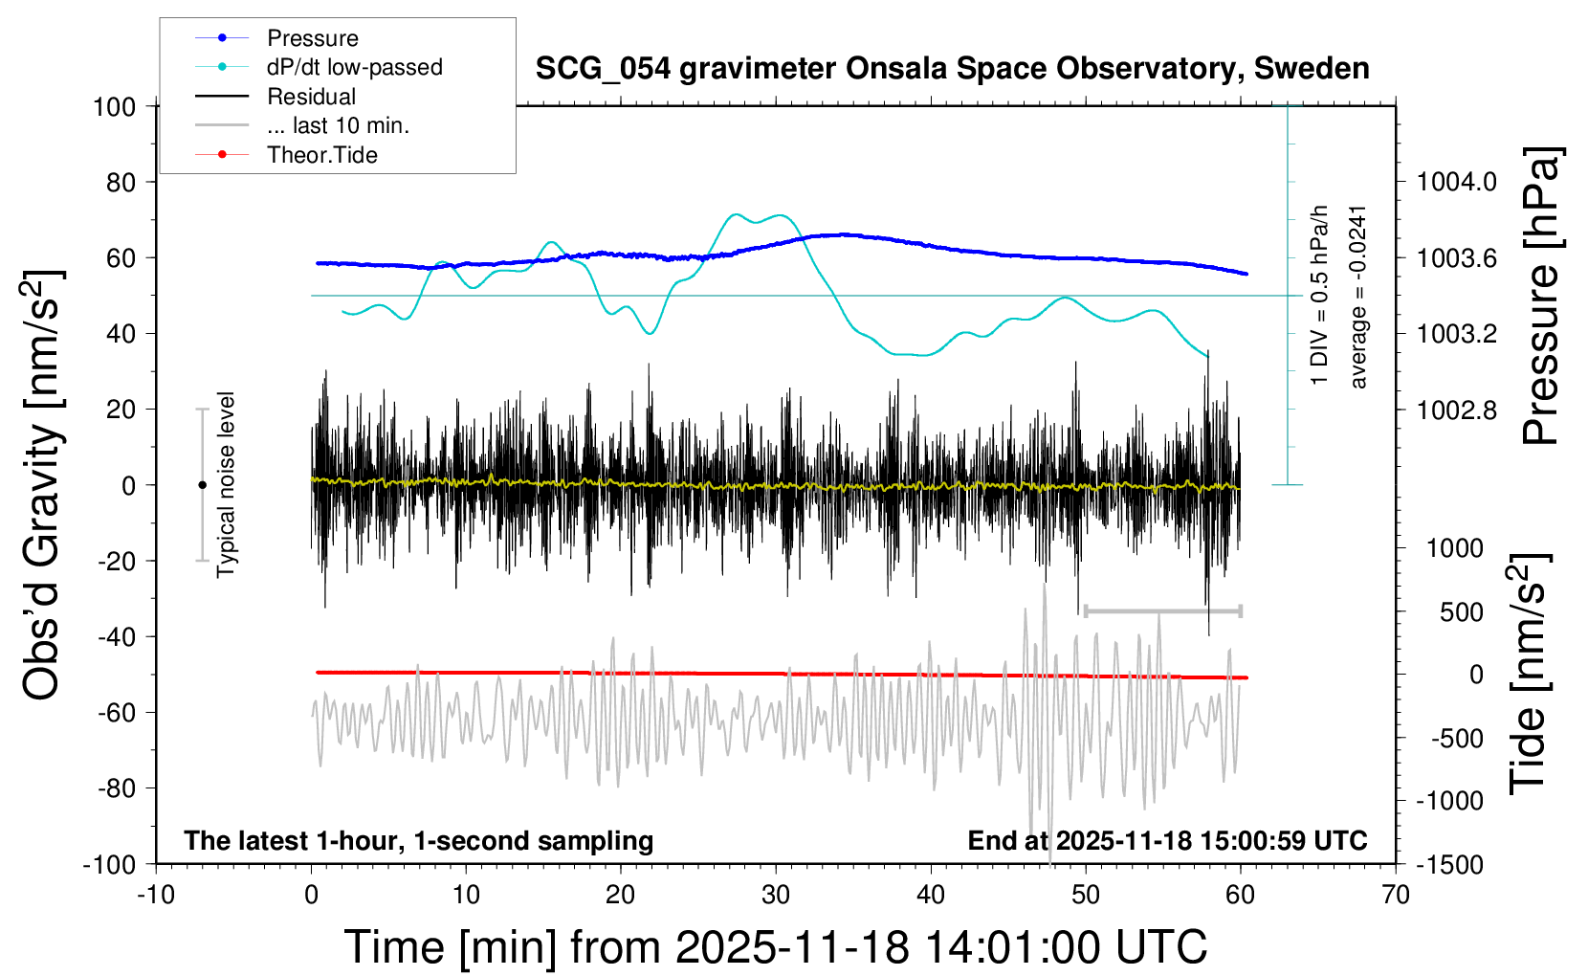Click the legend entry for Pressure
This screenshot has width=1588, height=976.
click(x=312, y=38)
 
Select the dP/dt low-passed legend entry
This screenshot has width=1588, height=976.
click(x=354, y=67)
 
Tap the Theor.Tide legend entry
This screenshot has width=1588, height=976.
click(x=321, y=155)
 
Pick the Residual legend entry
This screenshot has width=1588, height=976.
click(x=311, y=97)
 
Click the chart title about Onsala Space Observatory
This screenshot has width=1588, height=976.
click(x=952, y=69)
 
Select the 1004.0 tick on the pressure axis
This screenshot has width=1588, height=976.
click(x=1457, y=182)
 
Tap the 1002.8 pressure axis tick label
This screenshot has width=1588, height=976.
click(x=1457, y=410)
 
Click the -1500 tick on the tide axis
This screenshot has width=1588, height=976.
click(x=1449, y=864)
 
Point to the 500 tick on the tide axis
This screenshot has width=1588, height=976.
click(x=1461, y=611)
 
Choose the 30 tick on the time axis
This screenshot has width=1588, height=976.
click(x=776, y=896)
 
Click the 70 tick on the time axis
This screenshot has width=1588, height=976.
click(x=1396, y=896)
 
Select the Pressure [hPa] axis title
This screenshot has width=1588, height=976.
click(x=1541, y=297)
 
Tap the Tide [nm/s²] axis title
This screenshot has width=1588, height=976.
click(x=1529, y=673)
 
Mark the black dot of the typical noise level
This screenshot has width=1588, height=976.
click(x=202, y=485)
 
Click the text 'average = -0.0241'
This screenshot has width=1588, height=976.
click(x=1357, y=297)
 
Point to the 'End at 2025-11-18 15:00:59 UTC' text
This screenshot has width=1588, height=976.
click(x=1167, y=841)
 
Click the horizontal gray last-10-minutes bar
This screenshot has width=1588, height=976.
click(x=1162, y=610)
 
